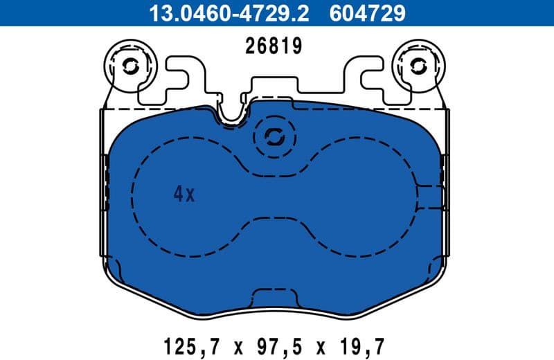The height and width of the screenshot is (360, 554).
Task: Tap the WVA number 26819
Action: [x=274, y=46]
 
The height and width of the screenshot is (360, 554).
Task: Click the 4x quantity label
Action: [x=184, y=195]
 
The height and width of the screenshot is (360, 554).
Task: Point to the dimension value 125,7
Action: [x=185, y=344]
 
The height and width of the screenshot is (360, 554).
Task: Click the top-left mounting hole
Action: [x=130, y=66]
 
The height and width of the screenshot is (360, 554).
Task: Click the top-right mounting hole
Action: [x=418, y=66]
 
